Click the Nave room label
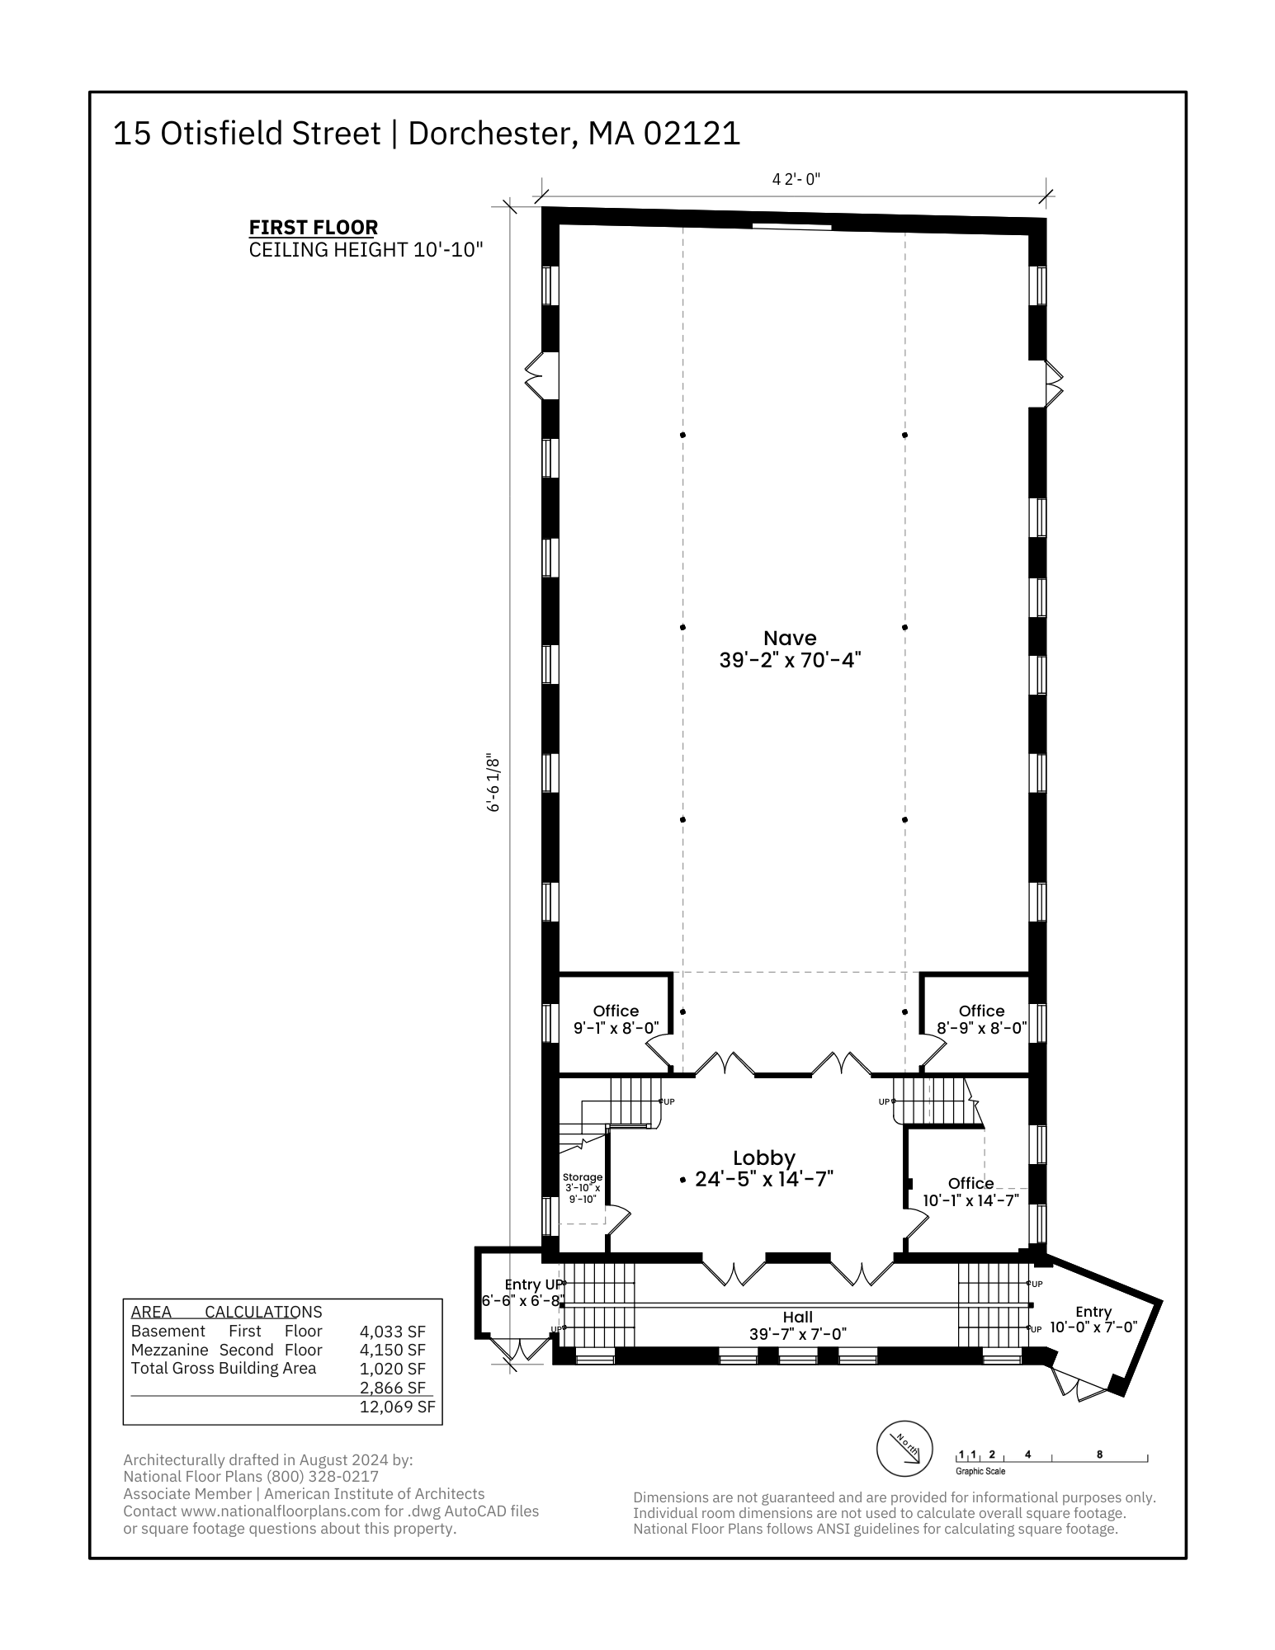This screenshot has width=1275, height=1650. (x=790, y=638)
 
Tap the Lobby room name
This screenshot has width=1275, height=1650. (x=764, y=1158)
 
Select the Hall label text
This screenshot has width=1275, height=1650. (x=798, y=1318)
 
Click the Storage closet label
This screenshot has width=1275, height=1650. (x=583, y=1177)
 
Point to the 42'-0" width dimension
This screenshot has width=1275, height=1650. (x=796, y=179)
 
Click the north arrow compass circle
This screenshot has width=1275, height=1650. (x=904, y=1450)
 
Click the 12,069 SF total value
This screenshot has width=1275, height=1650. (x=397, y=1407)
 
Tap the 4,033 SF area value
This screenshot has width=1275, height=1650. (x=393, y=1332)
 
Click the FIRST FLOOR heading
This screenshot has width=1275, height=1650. (x=314, y=227)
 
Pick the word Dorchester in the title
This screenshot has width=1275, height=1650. (x=492, y=134)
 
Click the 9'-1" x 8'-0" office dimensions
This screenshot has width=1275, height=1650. (x=616, y=1029)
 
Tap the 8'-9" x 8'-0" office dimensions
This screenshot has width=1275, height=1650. (x=982, y=1029)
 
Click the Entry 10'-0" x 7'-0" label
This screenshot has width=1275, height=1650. (x=1093, y=1319)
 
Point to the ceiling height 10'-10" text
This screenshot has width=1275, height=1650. (x=366, y=250)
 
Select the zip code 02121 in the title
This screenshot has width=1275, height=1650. (x=692, y=134)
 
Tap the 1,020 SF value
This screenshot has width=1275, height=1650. (x=393, y=1369)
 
